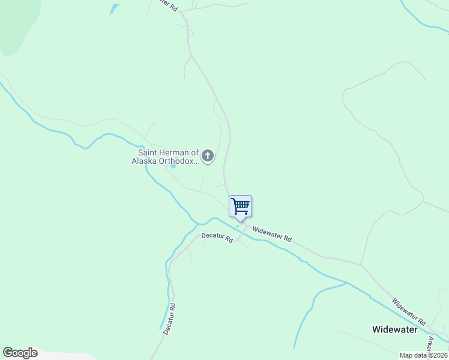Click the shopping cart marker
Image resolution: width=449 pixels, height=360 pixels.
[240, 206]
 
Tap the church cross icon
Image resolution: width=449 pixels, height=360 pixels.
[208, 157]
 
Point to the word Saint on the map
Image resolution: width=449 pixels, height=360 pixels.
[146, 152]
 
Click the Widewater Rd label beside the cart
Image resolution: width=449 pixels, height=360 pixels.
[271, 233]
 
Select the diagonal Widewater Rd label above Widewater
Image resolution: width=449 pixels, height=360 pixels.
[408, 311]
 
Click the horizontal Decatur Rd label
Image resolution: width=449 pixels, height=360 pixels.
[217, 237]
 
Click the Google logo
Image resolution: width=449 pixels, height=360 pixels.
[20, 353]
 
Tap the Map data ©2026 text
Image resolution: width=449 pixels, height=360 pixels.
[423, 355]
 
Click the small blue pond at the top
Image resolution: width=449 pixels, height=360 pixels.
[113, 8]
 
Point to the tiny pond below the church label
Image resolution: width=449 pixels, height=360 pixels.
[173, 166]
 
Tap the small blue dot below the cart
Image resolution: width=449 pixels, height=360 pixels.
[238, 226]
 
